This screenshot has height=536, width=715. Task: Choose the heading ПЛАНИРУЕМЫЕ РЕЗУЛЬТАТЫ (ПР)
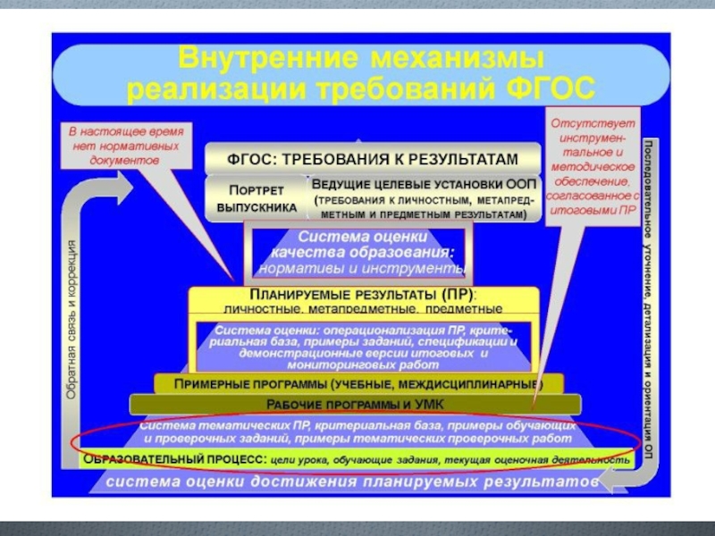[362, 295]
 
